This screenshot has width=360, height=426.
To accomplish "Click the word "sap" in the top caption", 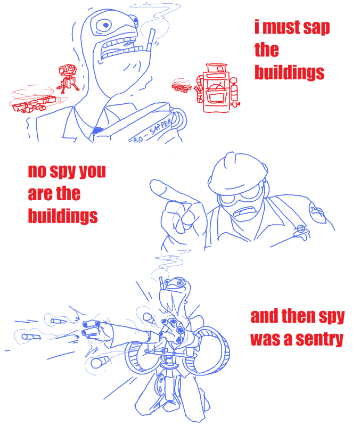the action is click(x=316, y=28).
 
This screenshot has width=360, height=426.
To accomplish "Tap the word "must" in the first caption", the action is click(x=281, y=27).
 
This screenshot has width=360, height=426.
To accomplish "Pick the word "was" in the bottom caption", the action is click(x=265, y=340).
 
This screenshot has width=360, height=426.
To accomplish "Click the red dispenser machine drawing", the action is click(x=217, y=88).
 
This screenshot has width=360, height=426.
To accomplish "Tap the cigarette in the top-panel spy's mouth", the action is click(x=150, y=40).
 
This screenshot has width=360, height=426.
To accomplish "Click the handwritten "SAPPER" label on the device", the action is click(x=160, y=127).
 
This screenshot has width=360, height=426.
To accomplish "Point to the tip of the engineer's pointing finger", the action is click(x=152, y=184).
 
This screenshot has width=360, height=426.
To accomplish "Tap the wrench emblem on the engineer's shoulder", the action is click(x=317, y=212).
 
